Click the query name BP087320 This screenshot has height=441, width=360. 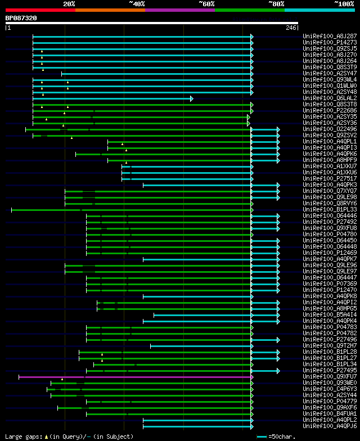[21, 18]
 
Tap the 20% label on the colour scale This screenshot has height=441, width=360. [69, 4]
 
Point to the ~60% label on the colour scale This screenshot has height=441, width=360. [206, 4]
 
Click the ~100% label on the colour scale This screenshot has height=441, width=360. [344, 4]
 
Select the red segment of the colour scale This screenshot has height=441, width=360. [40, 10]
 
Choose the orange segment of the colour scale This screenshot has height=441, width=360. [110, 10]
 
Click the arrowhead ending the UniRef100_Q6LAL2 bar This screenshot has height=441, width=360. [192, 98]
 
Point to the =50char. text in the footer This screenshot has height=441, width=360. [282, 436]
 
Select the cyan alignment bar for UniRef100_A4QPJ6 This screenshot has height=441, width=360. [197, 426]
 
